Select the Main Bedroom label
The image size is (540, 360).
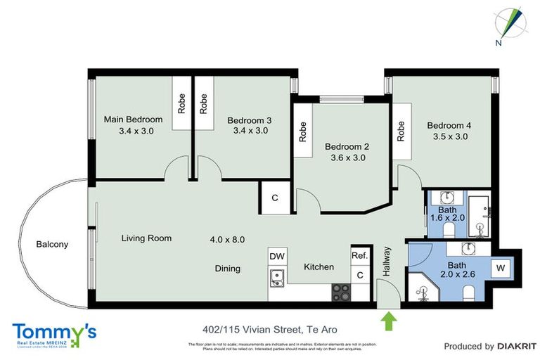pyautogui.click(x=133, y=120)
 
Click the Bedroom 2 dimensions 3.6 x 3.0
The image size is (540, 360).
pyautogui.click(x=348, y=157)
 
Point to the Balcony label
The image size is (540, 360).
pyautogui.click(x=53, y=245)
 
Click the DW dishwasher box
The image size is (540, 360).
pyautogui.click(x=277, y=257)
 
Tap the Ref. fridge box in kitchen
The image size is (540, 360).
pyautogui.click(x=359, y=256)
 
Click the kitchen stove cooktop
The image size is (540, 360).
pyautogui.click(x=342, y=291)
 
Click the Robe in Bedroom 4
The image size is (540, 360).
pyautogui.click(x=401, y=131)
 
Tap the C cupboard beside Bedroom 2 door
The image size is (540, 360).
pyautogui.click(x=275, y=198)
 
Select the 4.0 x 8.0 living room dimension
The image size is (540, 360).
pyautogui.click(x=227, y=239)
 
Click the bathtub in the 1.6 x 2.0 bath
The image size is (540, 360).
pyautogui.click(x=482, y=215)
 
